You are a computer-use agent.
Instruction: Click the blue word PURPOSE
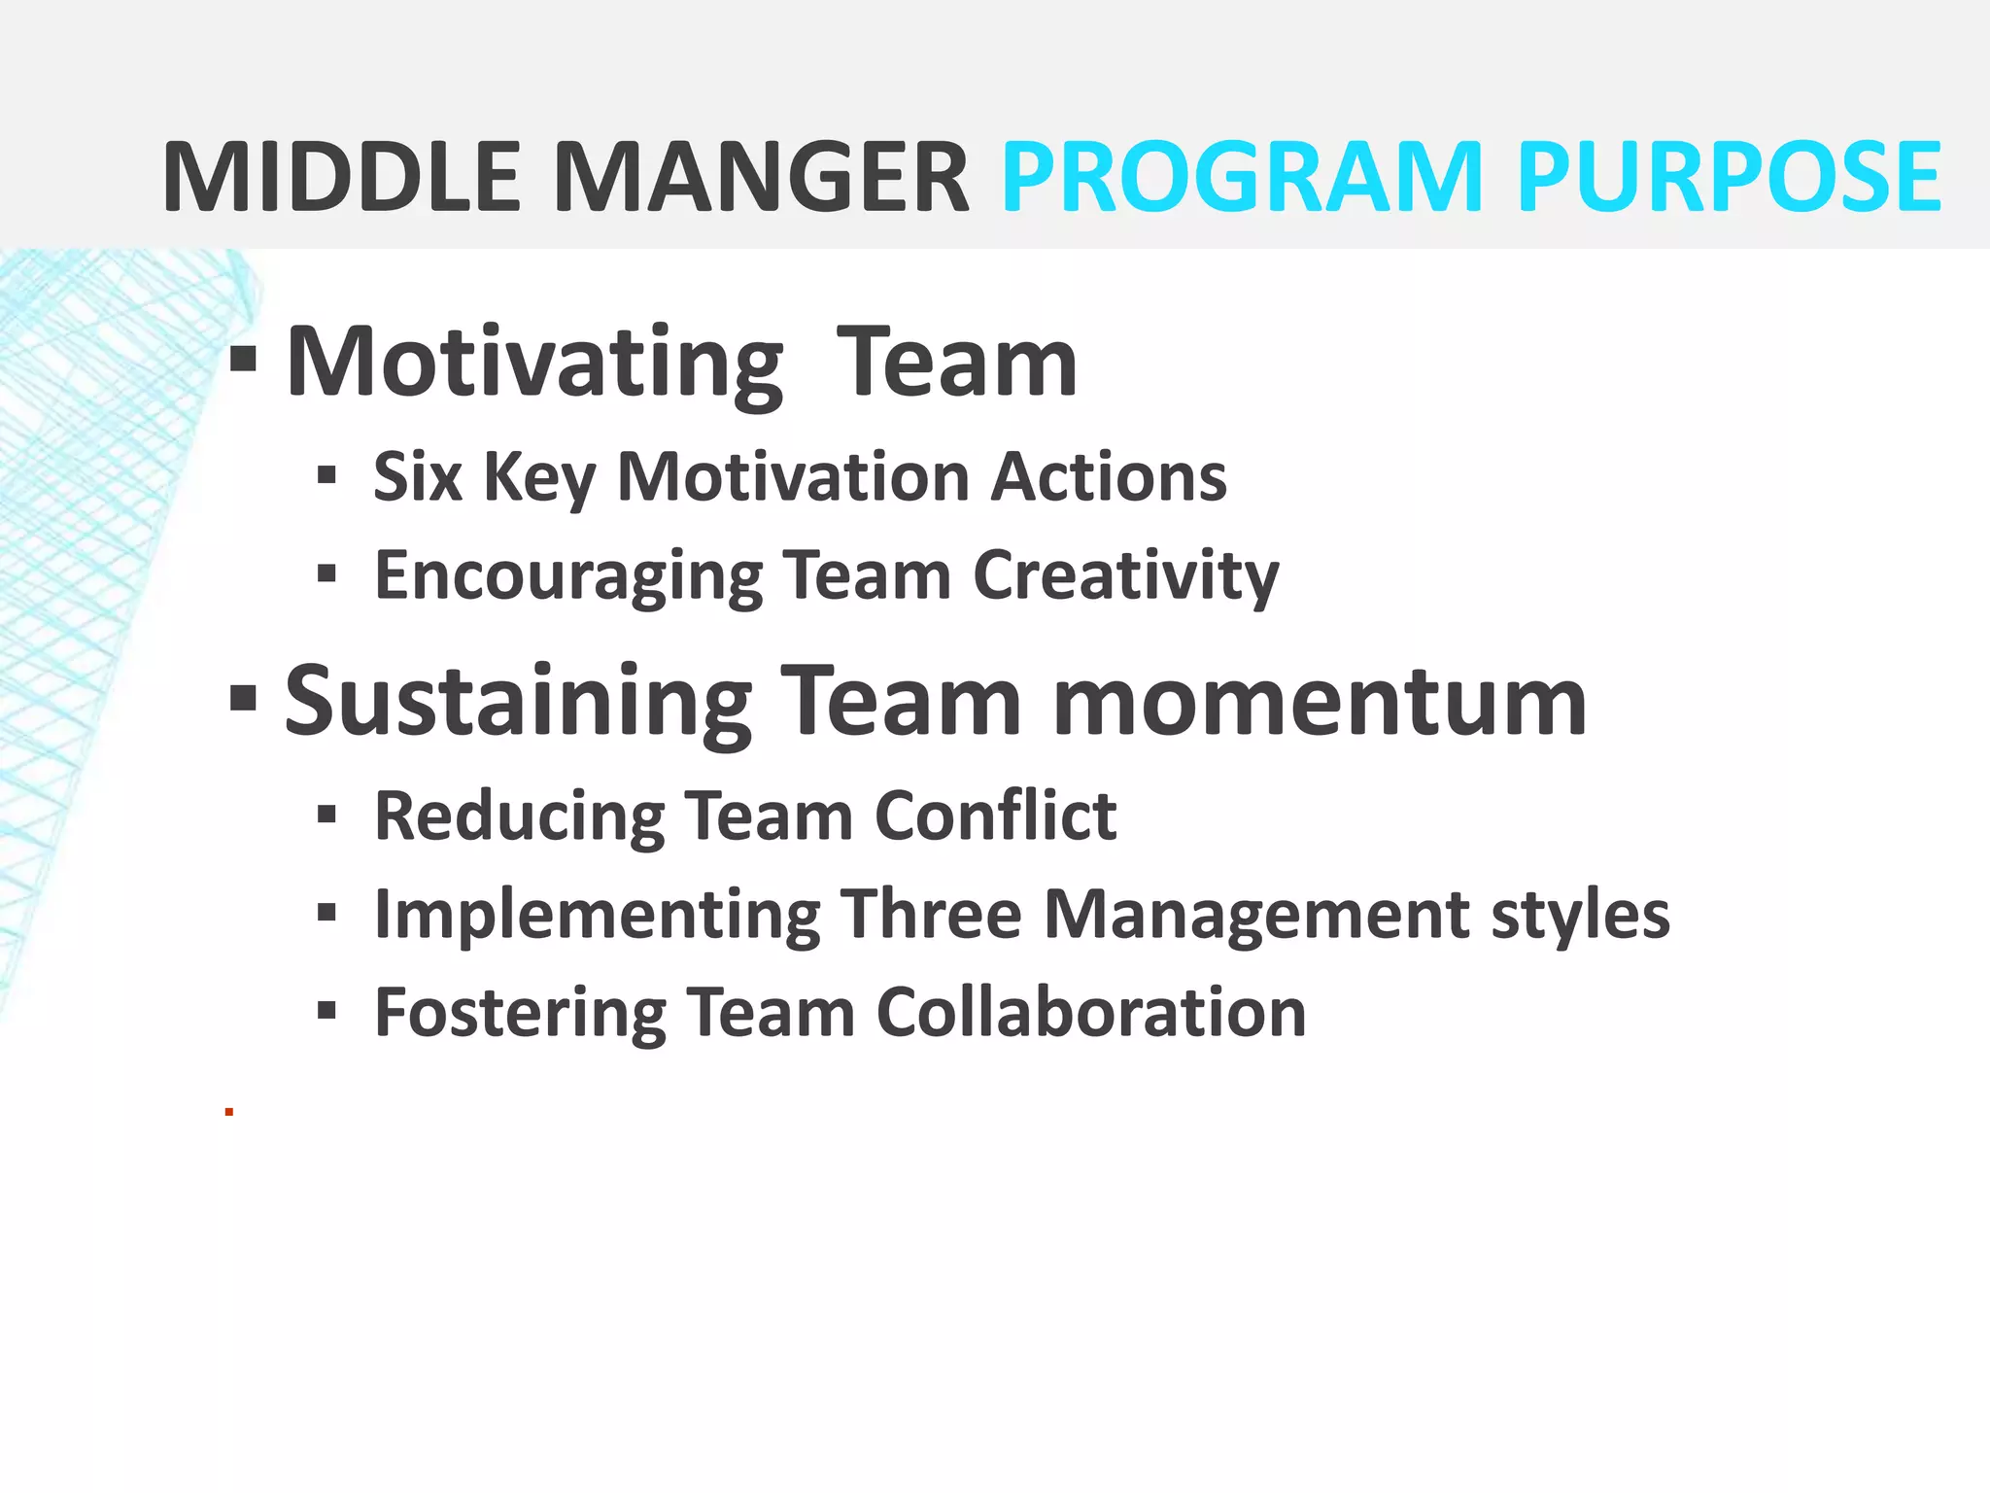(1729, 178)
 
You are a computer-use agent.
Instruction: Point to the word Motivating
(534, 365)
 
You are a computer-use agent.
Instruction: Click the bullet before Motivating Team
(243, 360)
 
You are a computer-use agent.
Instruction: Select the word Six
(418, 477)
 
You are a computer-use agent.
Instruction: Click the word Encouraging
(568, 576)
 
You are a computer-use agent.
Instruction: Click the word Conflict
(996, 816)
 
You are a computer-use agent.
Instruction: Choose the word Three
(930, 915)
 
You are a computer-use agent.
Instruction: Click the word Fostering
(520, 1013)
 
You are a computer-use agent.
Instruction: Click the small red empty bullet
(229, 1111)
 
